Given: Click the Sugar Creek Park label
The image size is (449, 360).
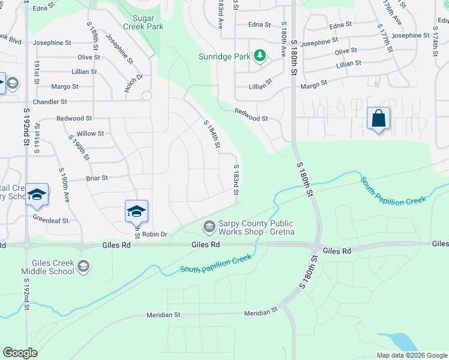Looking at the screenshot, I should [x=143, y=23].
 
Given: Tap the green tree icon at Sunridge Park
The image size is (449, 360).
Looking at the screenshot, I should [x=259, y=56].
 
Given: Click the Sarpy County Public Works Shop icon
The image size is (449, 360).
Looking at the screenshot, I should [x=209, y=226].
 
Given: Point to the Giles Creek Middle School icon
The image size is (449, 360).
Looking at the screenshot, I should [x=84, y=267].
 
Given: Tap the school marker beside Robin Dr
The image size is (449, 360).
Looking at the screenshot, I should [x=136, y=211].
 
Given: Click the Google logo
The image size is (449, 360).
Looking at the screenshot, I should [x=20, y=353].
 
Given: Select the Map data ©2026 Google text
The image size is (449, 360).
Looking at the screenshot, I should [x=411, y=355].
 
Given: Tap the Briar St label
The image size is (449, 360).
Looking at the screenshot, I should [x=96, y=178].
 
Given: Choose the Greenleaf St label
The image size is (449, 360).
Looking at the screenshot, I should [x=52, y=220].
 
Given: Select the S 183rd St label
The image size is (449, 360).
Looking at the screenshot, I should [x=237, y=179].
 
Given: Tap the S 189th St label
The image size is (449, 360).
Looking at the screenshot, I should [x=95, y=41].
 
